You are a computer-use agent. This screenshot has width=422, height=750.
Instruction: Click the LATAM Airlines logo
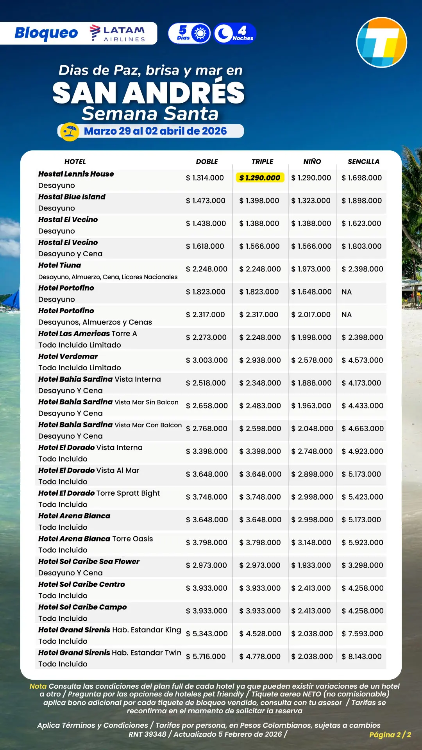click(x=117, y=33)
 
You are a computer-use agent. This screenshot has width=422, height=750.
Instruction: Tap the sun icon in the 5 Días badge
click(x=200, y=34)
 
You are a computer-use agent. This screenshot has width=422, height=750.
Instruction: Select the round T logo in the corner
click(x=382, y=43)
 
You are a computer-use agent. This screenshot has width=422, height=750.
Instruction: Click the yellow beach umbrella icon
click(x=70, y=131)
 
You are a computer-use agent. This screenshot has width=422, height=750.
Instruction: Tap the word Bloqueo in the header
click(x=46, y=33)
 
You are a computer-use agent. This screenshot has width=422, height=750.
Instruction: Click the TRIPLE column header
click(x=262, y=162)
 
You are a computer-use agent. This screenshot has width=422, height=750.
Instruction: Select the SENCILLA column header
click(x=363, y=162)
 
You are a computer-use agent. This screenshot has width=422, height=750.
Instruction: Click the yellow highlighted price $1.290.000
click(x=260, y=178)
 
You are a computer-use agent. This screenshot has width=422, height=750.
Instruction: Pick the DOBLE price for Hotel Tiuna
click(x=207, y=269)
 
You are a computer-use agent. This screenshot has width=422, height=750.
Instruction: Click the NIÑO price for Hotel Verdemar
click(x=312, y=360)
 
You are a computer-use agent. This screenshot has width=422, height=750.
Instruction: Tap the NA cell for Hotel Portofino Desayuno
click(x=347, y=292)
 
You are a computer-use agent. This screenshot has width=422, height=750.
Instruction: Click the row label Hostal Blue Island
click(x=72, y=197)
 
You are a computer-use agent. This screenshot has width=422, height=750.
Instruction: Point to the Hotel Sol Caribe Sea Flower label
click(x=89, y=561)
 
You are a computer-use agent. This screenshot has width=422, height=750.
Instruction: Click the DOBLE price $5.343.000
click(x=207, y=634)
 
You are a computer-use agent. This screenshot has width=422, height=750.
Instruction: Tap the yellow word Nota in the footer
click(x=38, y=686)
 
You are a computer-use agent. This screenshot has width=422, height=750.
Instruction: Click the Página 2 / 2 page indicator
click(x=390, y=735)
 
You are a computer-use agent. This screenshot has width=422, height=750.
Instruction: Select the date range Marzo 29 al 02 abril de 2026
click(x=155, y=131)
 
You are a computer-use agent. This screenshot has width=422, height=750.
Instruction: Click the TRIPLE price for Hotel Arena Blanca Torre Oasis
click(x=260, y=543)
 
